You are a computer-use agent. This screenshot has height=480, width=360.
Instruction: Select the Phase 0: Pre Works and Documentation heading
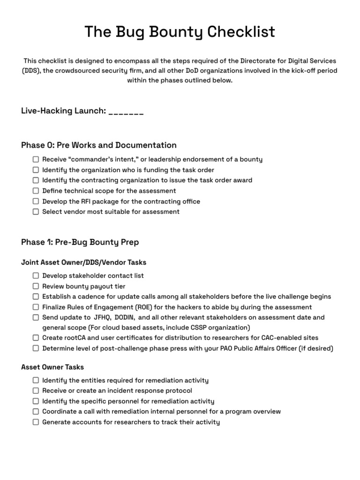pos(99,145)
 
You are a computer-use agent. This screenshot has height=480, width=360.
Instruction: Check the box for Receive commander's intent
pos(36,159)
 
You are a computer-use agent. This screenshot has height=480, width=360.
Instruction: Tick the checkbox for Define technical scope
pos(36,191)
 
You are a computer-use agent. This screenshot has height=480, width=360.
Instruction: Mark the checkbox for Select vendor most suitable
pos(36,211)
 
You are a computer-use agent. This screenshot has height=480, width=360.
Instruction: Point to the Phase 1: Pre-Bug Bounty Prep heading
pos(80,242)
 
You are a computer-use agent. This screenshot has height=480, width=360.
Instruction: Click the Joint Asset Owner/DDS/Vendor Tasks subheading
pos(84,262)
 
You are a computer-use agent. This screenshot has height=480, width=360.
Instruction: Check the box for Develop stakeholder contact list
pos(36,276)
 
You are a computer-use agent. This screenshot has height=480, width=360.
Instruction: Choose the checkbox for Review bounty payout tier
pos(36,286)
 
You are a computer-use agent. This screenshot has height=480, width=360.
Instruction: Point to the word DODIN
pos(125,317)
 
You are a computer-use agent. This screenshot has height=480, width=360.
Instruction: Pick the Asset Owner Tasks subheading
pos(52,367)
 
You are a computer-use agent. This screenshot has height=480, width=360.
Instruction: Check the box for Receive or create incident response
pos(36,390)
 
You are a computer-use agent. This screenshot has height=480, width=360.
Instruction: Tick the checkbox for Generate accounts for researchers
pos(36,422)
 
